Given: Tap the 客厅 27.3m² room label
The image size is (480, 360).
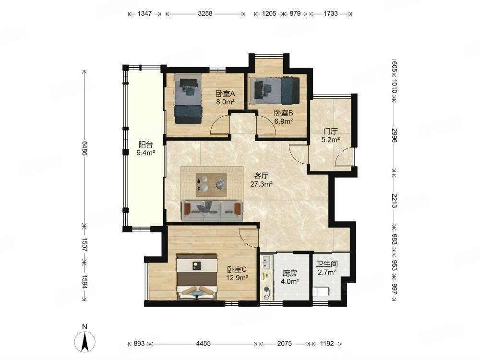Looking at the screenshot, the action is [261, 180].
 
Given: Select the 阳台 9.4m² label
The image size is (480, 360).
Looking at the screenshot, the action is [145, 148].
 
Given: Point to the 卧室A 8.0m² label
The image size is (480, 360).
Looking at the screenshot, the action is [225, 97].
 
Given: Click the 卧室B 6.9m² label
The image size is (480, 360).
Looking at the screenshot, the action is [283, 117].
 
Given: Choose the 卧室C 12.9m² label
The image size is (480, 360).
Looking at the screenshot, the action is [237, 274].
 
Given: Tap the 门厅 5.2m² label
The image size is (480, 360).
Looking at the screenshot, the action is [331, 136].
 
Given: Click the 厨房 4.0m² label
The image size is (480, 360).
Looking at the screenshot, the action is [289, 277].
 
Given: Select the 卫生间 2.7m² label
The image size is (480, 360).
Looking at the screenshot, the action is [327, 268].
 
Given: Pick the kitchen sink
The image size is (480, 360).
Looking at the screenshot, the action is [265, 263].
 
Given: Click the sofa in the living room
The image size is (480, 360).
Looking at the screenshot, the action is [212, 211].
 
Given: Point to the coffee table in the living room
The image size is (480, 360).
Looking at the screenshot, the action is [211, 185].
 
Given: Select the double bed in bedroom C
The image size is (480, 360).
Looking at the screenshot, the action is [197, 276].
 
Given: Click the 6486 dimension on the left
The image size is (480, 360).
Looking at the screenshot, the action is [84, 148].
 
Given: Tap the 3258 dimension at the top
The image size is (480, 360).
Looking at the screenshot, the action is [205, 13].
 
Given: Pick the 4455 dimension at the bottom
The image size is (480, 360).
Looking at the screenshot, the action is [203, 344].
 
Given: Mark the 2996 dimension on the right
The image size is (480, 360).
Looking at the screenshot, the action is [394, 135].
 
